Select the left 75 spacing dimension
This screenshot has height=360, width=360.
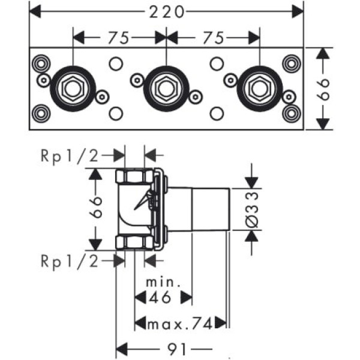(x=119, y=37)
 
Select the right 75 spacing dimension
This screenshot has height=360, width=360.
(x=213, y=37)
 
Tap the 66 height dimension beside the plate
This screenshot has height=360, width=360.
(x=324, y=89)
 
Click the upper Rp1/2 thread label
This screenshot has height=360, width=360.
(x=70, y=155)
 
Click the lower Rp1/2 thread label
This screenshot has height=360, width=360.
(x=70, y=260)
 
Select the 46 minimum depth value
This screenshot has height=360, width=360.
(x=162, y=296)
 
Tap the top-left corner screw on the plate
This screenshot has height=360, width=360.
(x=41, y=62)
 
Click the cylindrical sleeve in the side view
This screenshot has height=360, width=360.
(x=210, y=209)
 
